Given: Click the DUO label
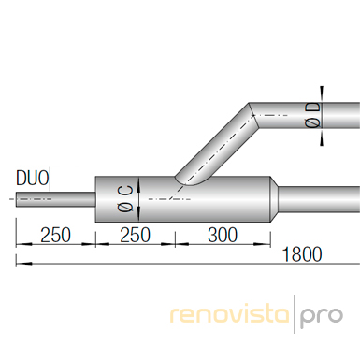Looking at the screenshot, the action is click(33, 179).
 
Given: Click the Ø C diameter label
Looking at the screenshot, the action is click(126, 199).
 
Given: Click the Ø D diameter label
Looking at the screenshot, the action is click(312, 115).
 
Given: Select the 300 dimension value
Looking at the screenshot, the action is click(223, 235).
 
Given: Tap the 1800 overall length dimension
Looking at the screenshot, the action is click(302, 254).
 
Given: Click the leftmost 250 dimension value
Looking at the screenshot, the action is click(56, 235).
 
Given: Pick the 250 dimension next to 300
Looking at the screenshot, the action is click(135, 235).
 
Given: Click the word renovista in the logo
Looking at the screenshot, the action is click(230, 314).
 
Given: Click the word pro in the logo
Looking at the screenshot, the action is click(321, 317).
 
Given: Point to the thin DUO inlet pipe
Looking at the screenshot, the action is click(56, 199).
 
